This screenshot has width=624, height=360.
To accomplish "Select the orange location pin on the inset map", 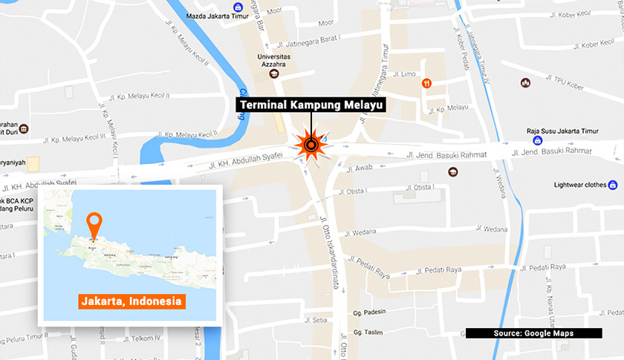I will pyautogui.click(x=94, y=225).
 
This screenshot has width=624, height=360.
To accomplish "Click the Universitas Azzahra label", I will pyautogui.click(x=273, y=60).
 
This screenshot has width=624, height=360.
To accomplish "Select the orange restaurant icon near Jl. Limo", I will pyautogui.click(x=426, y=84).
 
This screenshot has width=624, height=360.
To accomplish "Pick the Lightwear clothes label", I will pyautogui.click(x=581, y=185).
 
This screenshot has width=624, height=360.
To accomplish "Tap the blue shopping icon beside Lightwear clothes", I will pyautogui.click(x=614, y=185).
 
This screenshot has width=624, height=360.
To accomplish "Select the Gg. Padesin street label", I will pyautogui.click(x=369, y=312).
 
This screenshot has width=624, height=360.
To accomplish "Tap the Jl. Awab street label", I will pyautogui.click(x=364, y=168).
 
